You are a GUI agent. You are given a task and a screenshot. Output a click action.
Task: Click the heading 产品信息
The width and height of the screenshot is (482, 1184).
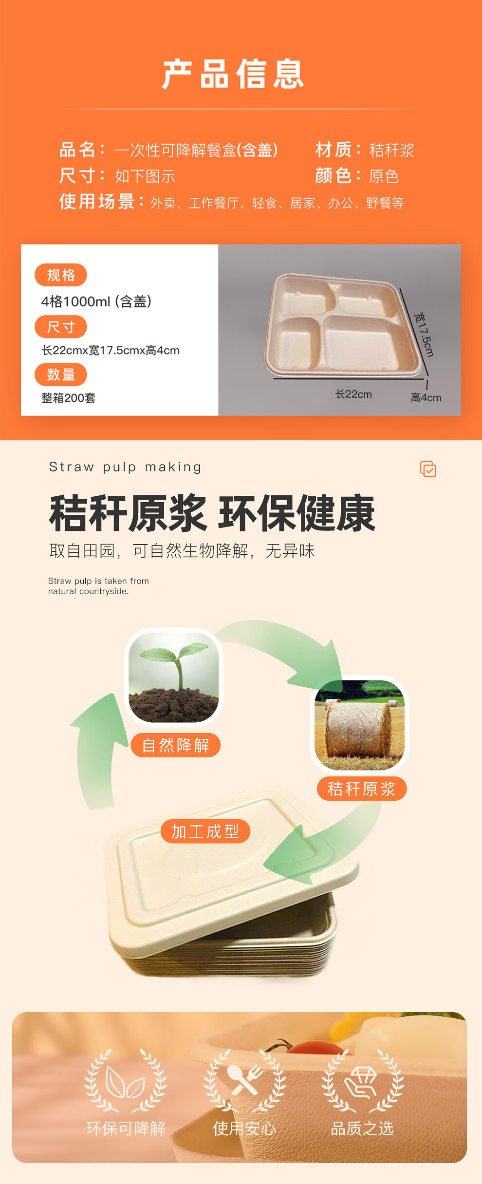(233, 74)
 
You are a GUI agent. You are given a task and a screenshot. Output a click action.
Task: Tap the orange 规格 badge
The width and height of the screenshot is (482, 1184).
(61, 275)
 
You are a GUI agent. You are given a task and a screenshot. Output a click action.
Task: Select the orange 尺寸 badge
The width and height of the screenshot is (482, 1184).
(61, 327)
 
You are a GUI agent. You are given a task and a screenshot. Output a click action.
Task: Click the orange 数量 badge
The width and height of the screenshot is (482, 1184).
(61, 375)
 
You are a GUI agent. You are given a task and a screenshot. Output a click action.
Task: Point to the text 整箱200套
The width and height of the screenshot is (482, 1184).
(69, 398)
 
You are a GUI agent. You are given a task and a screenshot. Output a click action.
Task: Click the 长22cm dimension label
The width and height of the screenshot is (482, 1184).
(353, 394)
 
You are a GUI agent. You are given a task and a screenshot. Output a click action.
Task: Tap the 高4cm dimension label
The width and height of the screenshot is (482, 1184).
(426, 397)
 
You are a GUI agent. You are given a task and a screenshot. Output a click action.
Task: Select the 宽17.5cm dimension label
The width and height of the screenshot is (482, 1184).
(424, 335)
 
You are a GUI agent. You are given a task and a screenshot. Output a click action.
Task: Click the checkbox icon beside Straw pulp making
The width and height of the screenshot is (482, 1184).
(428, 469)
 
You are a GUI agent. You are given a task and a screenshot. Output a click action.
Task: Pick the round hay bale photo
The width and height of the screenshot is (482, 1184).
(360, 725)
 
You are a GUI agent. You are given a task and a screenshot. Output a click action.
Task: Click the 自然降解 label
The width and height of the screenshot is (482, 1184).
(176, 745)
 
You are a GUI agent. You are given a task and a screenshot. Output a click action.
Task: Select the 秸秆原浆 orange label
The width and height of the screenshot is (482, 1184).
(362, 789)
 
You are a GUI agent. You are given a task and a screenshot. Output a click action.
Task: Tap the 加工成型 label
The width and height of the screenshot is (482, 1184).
(205, 831)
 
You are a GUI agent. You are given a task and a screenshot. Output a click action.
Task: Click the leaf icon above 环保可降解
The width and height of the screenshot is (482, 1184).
(126, 1083)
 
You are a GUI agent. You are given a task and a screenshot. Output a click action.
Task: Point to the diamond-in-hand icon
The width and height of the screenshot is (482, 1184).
(361, 1082)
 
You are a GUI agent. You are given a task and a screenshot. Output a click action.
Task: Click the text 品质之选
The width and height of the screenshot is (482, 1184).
(362, 1128)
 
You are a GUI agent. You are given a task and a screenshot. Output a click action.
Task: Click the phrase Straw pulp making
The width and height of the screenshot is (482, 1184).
(125, 467)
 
